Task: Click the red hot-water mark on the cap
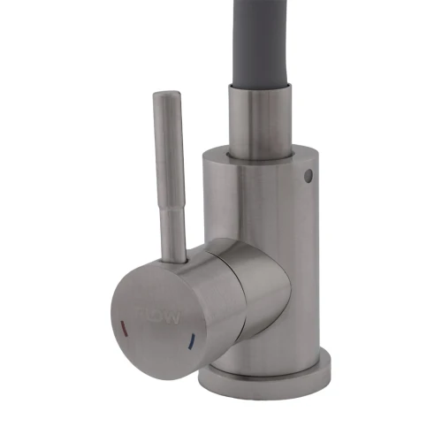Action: pyautogui.click(x=122, y=324)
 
